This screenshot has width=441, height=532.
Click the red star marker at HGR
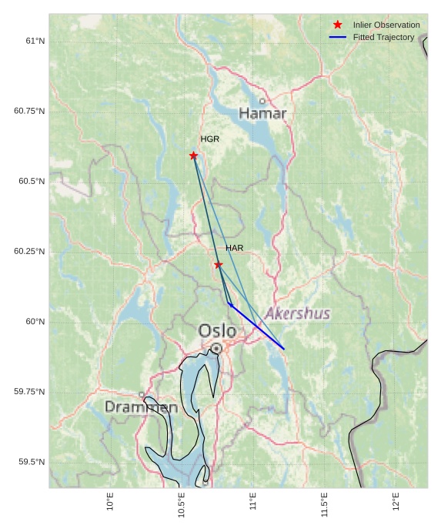(x=193, y=156)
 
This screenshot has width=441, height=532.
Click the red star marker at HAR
(x=219, y=265)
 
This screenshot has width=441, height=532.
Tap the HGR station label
(x=209, y=139)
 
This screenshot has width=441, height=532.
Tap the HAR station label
(x=234, y=248)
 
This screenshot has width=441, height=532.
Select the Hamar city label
(x=262, y=114)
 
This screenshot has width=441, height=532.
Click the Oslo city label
(x=217, y=330)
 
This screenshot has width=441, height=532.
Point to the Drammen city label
(x=141, y=407)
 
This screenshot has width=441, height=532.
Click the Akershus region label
(x=298, y=313)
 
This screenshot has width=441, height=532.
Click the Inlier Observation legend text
(x=386, y=25)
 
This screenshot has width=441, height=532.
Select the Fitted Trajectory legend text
(x=383, y=37)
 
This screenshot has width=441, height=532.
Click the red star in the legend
(x=337, y=25)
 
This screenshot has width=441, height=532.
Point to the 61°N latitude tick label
(x=32, y=41)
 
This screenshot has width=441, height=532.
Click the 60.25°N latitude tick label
(x=29, y=252)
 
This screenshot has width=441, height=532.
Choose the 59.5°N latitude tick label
(x=32, y=462)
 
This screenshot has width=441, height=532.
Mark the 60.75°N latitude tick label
(x=29, y=111)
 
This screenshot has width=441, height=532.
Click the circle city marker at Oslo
(x=216, y=349)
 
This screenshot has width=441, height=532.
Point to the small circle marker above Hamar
(x=262, y=101)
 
